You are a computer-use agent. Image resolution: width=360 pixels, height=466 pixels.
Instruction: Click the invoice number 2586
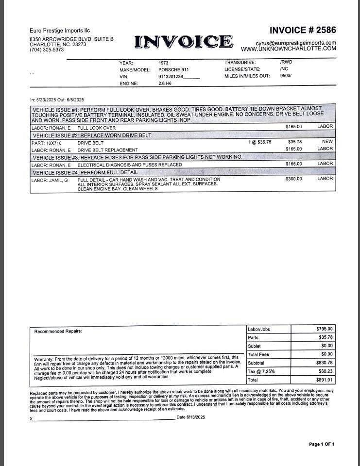coord(303,30)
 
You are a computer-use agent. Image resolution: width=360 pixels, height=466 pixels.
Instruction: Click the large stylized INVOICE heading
coord(184,42)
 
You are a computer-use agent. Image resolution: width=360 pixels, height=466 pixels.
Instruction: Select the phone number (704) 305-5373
coord(47,50)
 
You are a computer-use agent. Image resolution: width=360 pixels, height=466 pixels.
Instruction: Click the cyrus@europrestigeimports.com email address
coord(296,43)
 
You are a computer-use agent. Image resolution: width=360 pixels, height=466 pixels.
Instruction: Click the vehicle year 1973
coord(164,63)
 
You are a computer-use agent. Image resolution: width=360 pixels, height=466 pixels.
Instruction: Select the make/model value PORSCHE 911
coord(173,70)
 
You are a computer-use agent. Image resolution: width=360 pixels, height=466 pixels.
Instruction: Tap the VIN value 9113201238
coord(171,77)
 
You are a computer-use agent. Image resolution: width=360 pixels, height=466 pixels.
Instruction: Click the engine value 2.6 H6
coord(165,83)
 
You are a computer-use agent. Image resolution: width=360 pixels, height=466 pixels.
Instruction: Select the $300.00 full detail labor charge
coord(293,179)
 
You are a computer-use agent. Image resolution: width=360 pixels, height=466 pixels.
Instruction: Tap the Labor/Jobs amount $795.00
coord(325,329)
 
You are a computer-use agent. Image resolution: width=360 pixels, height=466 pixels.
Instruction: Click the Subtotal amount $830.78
coord(325,363)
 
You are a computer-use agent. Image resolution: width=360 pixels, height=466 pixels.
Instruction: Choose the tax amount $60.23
coord(326,371)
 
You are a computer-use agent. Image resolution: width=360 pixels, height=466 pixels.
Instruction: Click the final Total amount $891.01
coord(325,380)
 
